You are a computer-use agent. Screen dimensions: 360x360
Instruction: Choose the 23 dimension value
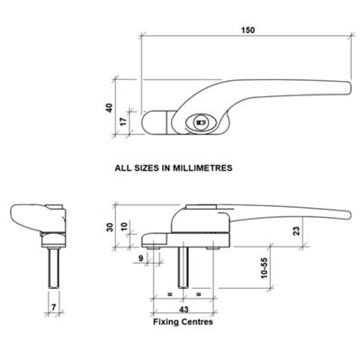click(x=321, y=229)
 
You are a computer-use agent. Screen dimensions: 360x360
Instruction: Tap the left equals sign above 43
click(x=166, y=293)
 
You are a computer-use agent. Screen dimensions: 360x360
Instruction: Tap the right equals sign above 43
click(x=198, y=293)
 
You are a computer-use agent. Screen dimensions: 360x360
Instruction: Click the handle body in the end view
click(x=36, y=219)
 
